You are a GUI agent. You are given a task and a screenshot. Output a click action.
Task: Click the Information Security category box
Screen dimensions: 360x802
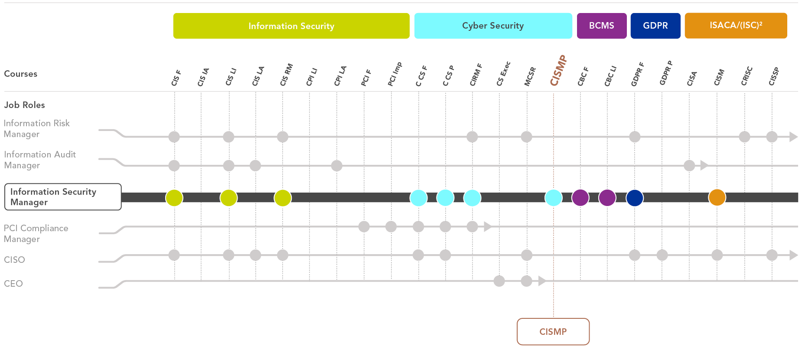coord(291,26)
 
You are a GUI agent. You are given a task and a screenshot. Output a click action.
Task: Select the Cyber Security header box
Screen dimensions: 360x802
coord(493,26)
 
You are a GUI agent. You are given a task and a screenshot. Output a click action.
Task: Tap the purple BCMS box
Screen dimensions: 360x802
coord(601,26)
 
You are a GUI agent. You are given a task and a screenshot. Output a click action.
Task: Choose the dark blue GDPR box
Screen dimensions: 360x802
coord(655,26)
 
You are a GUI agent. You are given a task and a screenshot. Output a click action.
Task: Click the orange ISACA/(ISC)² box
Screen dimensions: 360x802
coord(736,26)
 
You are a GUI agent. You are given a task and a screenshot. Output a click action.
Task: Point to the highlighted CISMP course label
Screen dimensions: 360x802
coord(558,71)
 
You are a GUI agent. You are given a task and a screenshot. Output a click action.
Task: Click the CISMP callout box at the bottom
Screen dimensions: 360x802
coord(553,332)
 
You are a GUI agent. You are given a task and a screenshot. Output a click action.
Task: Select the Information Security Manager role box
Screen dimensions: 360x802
coord(63,197)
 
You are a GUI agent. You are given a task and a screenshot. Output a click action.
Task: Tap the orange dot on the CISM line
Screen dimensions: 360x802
coord(717,197)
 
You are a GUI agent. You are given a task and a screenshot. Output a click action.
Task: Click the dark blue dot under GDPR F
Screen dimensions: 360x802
coord(635,197)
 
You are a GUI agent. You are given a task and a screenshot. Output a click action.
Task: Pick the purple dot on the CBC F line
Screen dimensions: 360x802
coord(580,197)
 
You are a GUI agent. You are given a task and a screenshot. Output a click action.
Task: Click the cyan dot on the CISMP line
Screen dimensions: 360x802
coord(553,197)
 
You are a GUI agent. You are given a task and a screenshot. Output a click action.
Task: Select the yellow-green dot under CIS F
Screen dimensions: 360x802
coord(174,197)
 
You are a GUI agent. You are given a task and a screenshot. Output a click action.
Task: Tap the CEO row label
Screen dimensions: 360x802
coord(13,284)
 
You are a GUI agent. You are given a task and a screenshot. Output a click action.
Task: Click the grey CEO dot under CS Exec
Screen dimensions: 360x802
coord(499,281)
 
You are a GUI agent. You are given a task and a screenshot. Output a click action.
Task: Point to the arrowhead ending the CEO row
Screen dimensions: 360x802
coord(542,281)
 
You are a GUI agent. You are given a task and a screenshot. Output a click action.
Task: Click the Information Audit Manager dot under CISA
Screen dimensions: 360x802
coord(689,165)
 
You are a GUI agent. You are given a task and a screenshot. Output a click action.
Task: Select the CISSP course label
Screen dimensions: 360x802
coord(774,76)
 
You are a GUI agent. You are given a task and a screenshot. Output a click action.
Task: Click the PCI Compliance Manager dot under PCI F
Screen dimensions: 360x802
coord(364,226)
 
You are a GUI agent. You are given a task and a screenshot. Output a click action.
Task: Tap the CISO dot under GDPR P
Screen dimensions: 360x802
coord(662,255)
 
